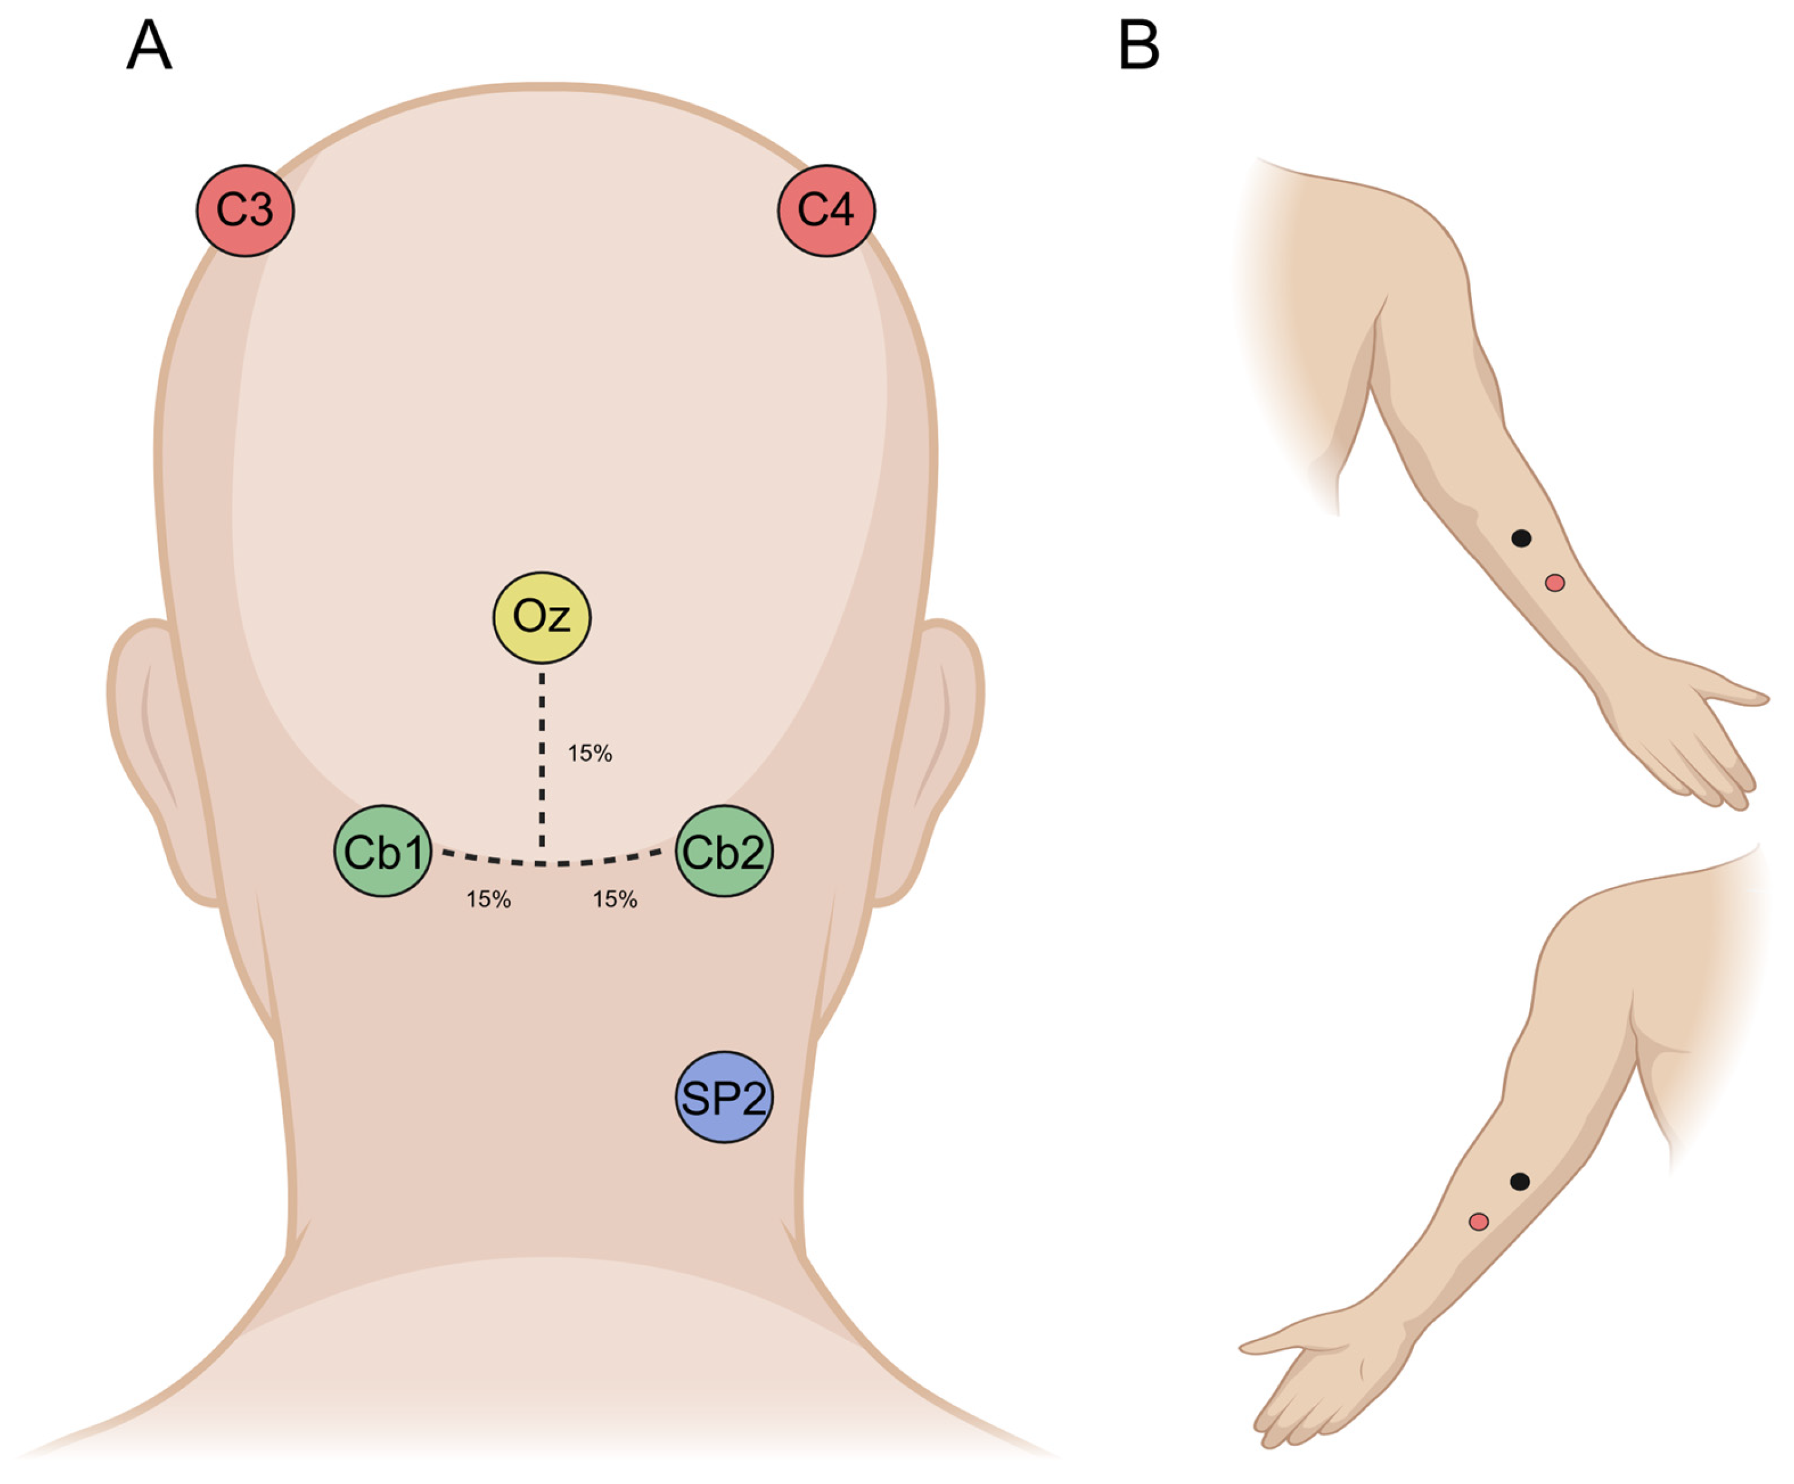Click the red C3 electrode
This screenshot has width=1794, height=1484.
[245, 210]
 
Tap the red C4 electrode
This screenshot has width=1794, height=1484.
[826, 210]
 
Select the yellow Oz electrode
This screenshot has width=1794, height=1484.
[542, 617]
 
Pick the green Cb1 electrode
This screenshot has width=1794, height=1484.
[383, 851]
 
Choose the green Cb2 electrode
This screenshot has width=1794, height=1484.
[724, 851]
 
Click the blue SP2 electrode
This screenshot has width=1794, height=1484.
[724, 1097]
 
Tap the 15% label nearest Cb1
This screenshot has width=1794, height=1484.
[488, 899]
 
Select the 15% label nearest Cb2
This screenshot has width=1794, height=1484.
[615, 899]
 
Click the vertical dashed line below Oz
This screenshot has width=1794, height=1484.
[542, 760]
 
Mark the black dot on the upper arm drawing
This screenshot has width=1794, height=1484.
[1521, 538]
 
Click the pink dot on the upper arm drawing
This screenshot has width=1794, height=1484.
[1555, 583]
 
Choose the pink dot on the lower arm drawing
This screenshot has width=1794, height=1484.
[1479, 1221]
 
